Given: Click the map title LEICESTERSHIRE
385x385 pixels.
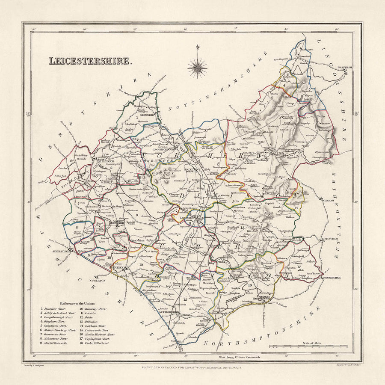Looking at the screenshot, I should (90, 61).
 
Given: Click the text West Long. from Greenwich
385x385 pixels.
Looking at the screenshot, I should (240, 356).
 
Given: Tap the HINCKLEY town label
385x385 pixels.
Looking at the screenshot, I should (118, 268).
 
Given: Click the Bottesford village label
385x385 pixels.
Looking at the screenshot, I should (305, 56).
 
